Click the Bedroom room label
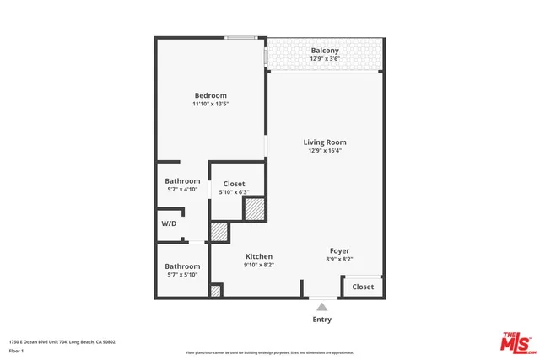click(210, 95)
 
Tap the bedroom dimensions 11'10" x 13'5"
click(210, 105)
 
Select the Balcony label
click(325, 50)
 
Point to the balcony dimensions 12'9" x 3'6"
click(325, 59)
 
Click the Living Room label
click(325, 142)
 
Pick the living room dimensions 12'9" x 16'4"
click(325, 152)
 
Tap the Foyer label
click(339, 250)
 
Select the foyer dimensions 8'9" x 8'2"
click(339, 260)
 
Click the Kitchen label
click(259, 256)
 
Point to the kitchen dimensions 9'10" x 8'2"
click(259, 266)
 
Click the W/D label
click(170, 223)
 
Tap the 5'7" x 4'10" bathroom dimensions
click(182, 191)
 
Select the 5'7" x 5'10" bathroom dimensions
click(182, 275)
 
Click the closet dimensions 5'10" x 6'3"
click(234, 193)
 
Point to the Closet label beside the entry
click(363, 287)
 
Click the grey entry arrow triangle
click(321, 308)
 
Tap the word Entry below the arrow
click(321, 320)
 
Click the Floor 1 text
click(17, 350)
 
